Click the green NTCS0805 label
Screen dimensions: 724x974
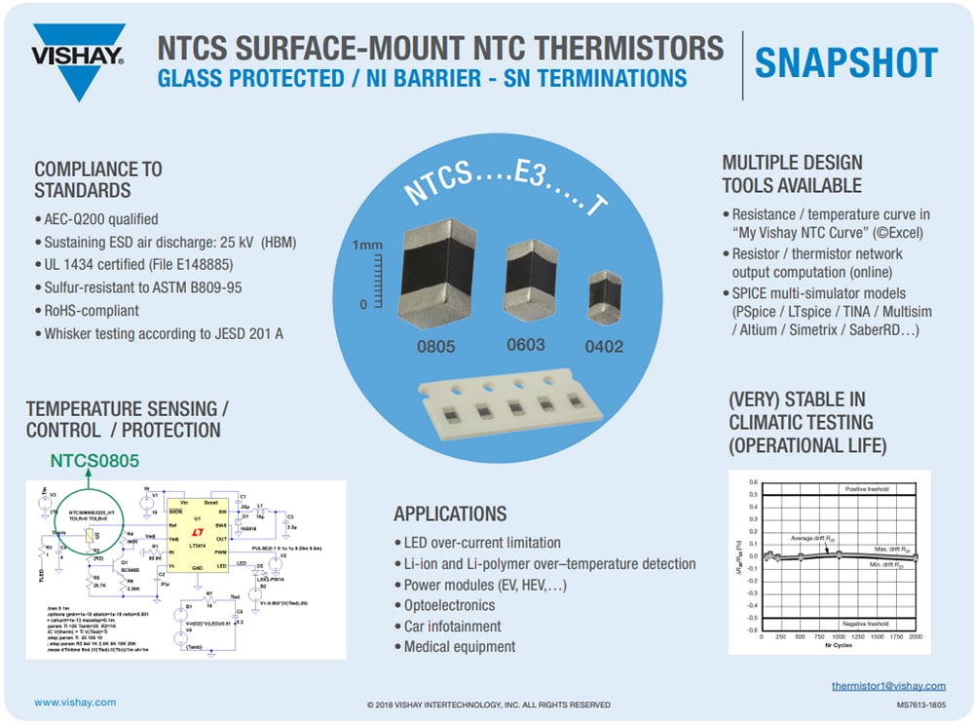click(x=95, y=461)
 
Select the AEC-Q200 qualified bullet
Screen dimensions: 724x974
click(x=101, y=219)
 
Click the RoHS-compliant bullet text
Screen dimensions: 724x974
click(x=92, y=310)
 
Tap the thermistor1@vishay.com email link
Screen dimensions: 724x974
click(x=888, y=686)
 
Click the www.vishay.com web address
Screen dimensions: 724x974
click(x=75, y=702)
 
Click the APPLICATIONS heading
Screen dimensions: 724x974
click(x=450, y=514)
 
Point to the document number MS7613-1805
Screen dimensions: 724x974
click(x=920, y=704)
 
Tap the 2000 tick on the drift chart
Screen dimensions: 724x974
click(x=916, y=637)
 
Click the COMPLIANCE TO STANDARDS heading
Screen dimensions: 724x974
click(x=98, y=179)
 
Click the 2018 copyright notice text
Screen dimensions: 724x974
click(x=488, y=705)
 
